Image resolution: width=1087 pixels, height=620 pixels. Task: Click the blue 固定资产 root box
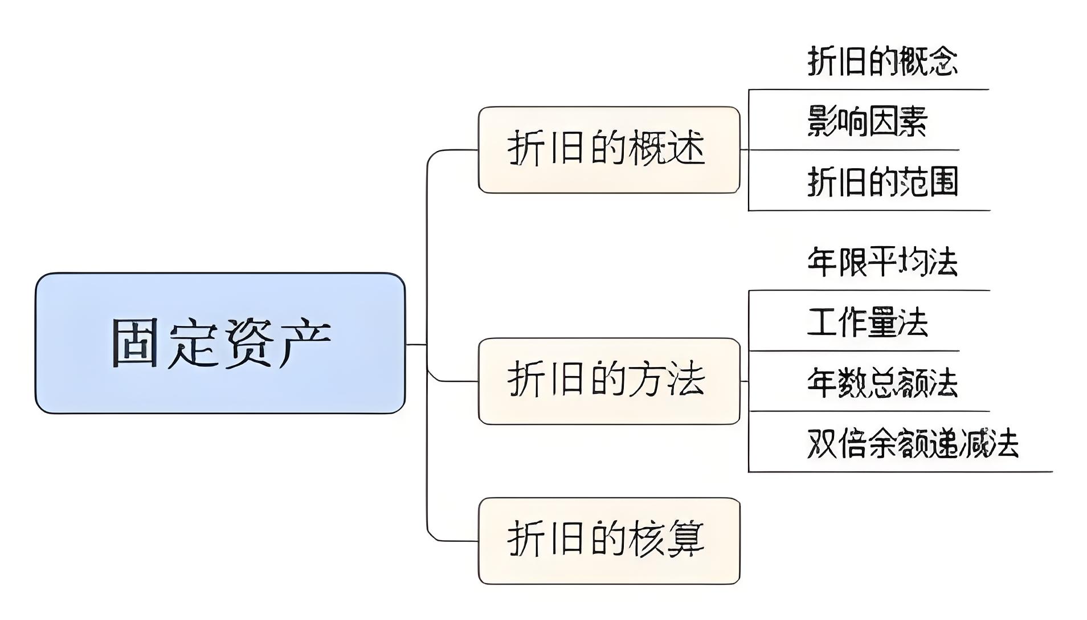220,343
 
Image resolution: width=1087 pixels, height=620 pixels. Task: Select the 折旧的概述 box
608,149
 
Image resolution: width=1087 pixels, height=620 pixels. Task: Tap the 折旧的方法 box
608,381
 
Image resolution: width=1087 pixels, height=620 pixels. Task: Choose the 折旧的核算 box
608,540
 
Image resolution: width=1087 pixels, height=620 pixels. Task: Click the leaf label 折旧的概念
882,62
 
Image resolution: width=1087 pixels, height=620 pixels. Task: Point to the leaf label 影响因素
867,121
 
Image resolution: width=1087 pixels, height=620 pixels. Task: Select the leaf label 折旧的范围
882,182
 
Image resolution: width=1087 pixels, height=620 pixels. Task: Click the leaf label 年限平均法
882,263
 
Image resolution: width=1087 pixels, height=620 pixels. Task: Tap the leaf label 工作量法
867,323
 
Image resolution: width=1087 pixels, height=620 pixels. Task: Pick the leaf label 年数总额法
882,383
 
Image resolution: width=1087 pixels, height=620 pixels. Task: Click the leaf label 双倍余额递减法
913,443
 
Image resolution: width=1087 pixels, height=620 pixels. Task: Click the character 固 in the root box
134,343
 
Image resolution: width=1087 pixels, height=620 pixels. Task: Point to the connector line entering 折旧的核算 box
456,541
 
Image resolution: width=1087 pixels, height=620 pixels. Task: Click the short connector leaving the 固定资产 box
416,344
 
